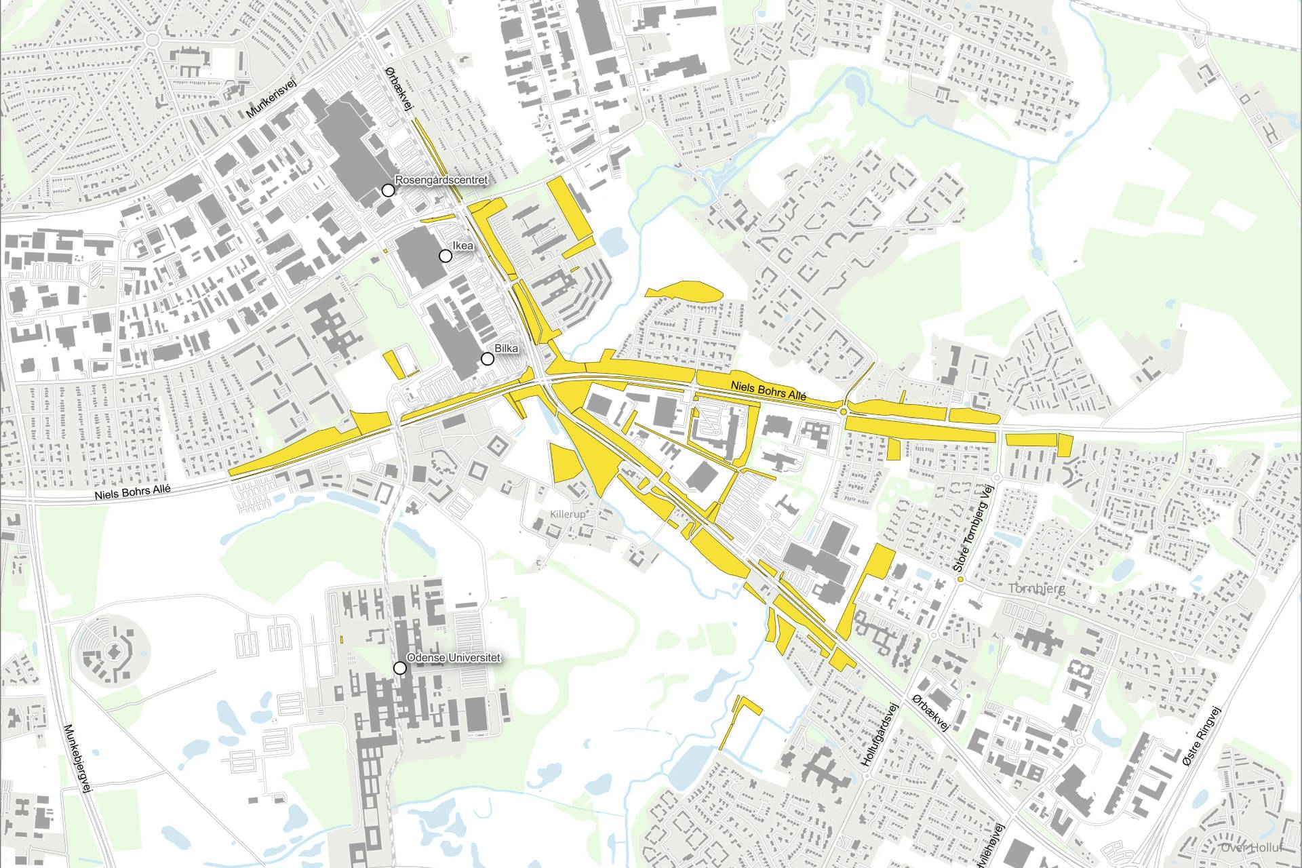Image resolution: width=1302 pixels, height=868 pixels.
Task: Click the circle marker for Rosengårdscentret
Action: [388, 191]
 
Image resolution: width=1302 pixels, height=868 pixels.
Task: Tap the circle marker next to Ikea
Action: [446, 256]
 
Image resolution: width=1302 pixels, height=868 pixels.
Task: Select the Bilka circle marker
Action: [487, 359]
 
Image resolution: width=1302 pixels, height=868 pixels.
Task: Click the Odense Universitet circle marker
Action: [400, 668]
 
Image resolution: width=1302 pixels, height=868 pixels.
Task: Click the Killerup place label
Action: [568, 515]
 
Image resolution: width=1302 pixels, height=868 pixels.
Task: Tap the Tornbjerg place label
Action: [1036, 589]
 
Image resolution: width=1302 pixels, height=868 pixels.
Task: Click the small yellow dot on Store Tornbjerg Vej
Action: [960, 579]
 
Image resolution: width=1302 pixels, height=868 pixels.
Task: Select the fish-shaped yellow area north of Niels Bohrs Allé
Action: [685, 292]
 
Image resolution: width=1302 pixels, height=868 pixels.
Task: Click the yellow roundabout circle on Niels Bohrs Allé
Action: [843, 411]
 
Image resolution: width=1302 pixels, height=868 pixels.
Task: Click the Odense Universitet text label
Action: [453, 658]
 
